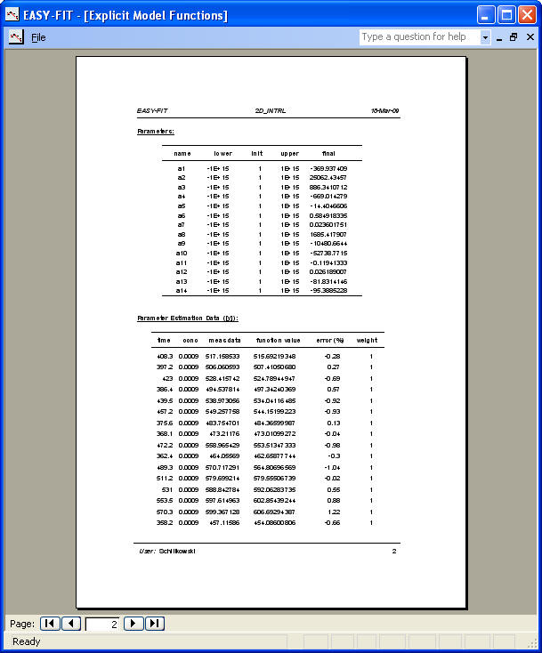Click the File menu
coord(38,37)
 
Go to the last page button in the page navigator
coord(155,624)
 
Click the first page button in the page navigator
coord(51,624)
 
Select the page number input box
coord(102,624)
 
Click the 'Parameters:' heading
coord(156,131)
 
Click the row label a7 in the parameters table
coord(182,225)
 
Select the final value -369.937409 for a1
coord(328,168)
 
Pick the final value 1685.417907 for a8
coord(328,234)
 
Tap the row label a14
coord(182,290)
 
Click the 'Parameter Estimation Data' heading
coord(188,318)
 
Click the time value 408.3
coord(164,356)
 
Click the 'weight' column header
coord(368,340)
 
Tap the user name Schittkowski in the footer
coord(177,552)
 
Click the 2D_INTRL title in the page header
coord(271,111)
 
